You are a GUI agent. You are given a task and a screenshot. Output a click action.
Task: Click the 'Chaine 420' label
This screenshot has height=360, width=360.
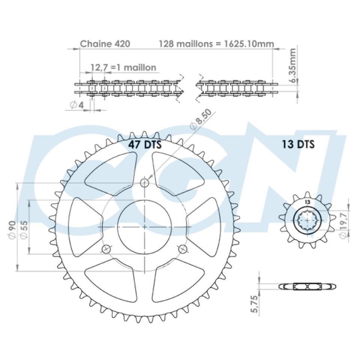point(105,43)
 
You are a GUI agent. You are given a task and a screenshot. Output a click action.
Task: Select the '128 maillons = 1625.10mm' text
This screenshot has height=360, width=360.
point(216,43)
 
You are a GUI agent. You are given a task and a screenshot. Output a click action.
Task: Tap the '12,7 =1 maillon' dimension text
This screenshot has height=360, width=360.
point(123,67)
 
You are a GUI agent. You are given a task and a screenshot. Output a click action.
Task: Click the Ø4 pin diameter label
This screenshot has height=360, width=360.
point(76,105)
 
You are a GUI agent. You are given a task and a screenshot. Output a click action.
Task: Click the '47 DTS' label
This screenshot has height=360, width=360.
point(145,145)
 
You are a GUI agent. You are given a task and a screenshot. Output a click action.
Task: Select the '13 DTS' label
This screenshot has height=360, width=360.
point(298,144)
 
